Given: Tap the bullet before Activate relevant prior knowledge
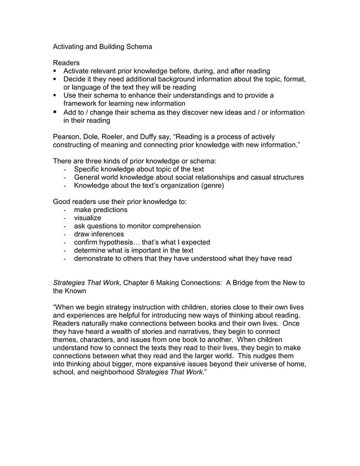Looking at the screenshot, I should click(55, 71).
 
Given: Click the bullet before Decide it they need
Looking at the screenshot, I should click(55, 80).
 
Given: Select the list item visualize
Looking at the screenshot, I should click(87, 218).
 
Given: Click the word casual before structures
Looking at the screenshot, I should click(253, 177).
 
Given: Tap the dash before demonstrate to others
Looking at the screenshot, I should click(67, 258).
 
